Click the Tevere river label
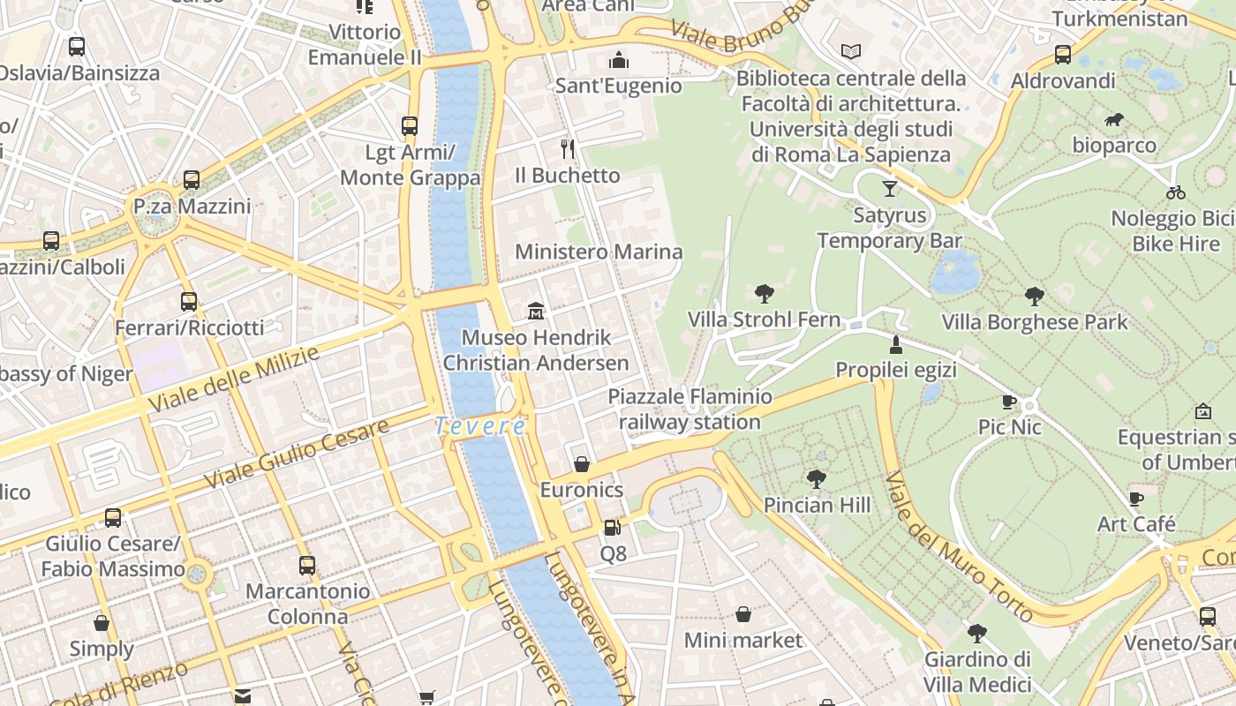[x=481, y=426]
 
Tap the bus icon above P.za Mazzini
[x=192, y=180]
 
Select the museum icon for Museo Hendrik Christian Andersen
[x=536, y=311]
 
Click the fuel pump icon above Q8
[x=612, y=528]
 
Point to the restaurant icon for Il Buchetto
[x=568, y=148]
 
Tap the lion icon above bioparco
[x=1114, y=119]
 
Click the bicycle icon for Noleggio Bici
[x=1175, y=192]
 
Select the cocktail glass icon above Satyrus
[x=889, y=188]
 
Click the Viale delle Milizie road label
[x=233, y=379]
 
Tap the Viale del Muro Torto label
[x=958, y=546]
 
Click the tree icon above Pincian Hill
[x=817, y=479]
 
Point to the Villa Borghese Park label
[x=1035, y=322]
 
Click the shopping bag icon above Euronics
[x=582, y=464]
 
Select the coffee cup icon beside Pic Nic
[x=1010, y=402]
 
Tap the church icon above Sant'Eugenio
[x=619, y=60]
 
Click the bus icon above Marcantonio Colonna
[x=307, y=566]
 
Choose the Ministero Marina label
[x=599, y=252]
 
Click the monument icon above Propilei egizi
[x=896, y=344]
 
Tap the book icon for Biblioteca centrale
[x=850, y=52]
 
